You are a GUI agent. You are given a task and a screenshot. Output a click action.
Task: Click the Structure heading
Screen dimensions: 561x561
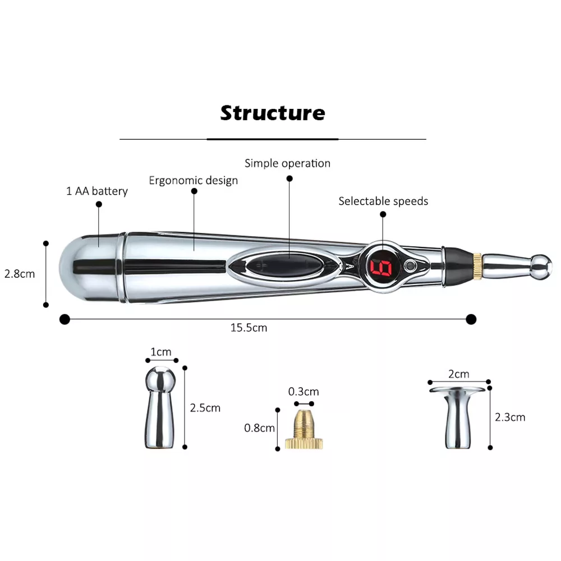[273, 113]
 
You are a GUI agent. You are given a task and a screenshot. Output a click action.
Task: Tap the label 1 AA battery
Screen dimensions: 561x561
[97, 191]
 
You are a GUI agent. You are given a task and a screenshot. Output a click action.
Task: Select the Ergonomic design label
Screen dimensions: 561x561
[193, 180]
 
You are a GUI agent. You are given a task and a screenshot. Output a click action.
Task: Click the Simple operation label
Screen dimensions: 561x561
[287, 163]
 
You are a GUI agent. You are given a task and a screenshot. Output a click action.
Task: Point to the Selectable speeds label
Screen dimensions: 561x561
[383, 201]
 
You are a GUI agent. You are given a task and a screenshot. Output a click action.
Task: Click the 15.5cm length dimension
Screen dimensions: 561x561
[249, 328]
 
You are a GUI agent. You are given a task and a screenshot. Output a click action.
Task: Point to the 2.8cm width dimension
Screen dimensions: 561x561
[20, 274]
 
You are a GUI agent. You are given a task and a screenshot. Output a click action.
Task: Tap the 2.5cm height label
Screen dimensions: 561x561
[205, 408]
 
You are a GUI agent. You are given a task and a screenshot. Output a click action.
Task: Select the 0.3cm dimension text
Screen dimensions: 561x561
[304, 391]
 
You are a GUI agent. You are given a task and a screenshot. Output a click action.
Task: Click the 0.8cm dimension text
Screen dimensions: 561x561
[259, 428]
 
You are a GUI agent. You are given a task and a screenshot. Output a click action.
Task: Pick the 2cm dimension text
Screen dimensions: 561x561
[458, 374]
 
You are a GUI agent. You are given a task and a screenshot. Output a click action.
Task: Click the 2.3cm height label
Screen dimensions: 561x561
[510, 417]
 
